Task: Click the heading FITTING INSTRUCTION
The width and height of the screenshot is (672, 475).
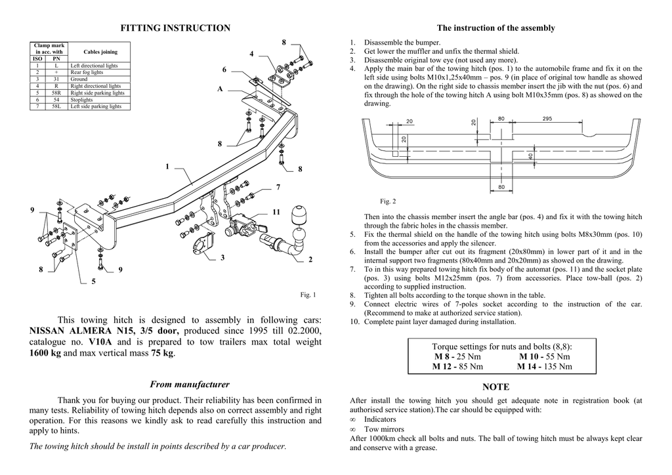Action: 175,28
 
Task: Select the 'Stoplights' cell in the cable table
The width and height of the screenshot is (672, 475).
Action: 83,99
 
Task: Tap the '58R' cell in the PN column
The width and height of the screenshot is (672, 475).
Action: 56,93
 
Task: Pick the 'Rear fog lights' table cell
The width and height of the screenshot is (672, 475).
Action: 87,73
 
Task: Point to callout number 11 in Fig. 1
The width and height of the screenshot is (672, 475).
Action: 276,213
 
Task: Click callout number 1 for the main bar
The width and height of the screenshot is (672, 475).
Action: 167,167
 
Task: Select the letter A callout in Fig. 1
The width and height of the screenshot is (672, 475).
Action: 220,89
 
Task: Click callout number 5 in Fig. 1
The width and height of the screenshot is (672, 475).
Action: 93,281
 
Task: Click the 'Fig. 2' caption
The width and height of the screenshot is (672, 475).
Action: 388,201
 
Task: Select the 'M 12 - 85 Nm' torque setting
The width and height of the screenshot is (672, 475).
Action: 457,367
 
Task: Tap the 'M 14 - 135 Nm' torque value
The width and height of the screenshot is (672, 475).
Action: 544,367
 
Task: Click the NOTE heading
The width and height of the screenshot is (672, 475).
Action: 495,388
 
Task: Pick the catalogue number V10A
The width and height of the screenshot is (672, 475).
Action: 100,342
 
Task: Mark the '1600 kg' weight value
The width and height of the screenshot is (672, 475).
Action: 45,353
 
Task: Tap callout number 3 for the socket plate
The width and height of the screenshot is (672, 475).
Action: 223,258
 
